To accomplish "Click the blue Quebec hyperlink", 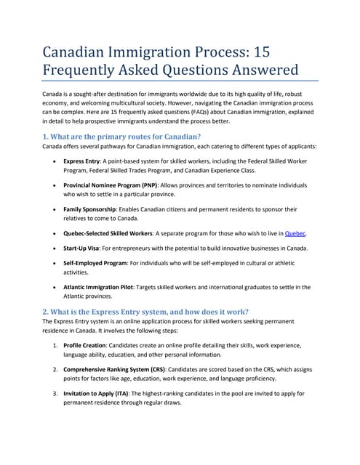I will [295, 234].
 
